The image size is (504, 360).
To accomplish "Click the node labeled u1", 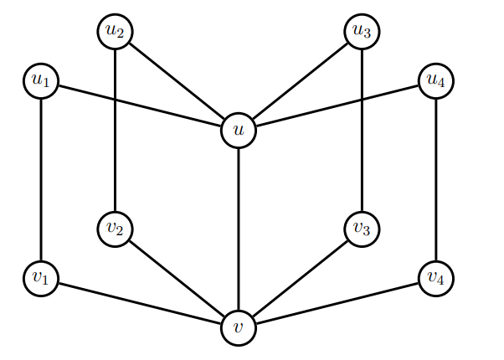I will [41, 81].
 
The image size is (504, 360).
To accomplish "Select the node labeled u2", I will [115, 32].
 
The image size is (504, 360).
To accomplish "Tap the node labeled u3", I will [362, 32].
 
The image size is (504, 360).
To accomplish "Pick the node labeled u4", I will [435, 81].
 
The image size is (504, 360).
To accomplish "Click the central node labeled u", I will [239, 130].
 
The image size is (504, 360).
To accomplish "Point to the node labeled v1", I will [41, 278].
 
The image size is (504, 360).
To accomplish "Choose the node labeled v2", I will [115, 229].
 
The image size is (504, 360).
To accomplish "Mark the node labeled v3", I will [362, 229].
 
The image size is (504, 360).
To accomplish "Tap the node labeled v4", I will [435, 278].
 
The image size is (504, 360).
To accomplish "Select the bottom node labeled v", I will [239, 327].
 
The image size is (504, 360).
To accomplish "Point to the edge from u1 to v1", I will [41, 180].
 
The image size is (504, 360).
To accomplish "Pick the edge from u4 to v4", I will [435, 180].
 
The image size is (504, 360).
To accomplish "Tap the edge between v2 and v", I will [177, 278].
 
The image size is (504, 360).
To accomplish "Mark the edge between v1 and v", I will [140, 302].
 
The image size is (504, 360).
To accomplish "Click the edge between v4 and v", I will [337, 302].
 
